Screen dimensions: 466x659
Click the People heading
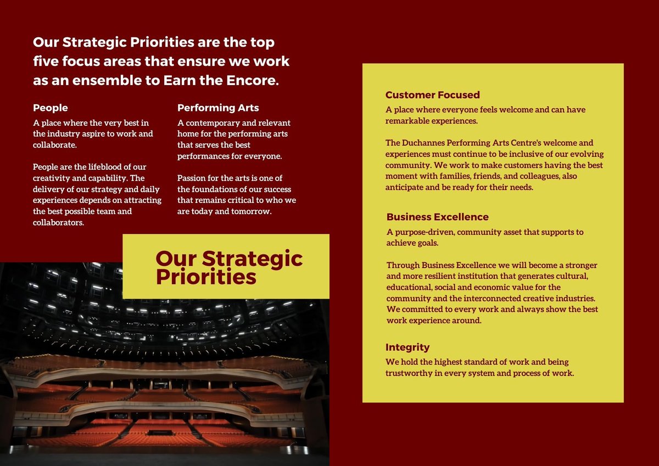pos(51,108)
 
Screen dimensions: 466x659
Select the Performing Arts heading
pos(218,108)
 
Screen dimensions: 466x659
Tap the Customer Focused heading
pos(433,95)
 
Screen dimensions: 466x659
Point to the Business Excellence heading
pos(437,217)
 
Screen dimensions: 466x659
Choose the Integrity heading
pos(407,347)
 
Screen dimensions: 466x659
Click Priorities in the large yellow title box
pos(206,277)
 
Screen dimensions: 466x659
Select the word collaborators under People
pos(58,222)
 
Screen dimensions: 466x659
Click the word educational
pos(409,287)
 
